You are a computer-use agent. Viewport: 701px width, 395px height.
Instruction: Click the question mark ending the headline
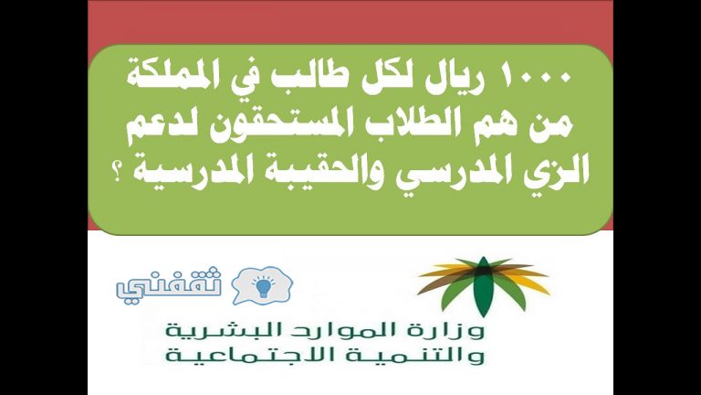point(119,175)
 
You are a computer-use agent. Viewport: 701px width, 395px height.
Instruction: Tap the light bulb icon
point(263,286)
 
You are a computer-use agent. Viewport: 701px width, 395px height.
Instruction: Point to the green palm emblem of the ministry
point(483,285)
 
